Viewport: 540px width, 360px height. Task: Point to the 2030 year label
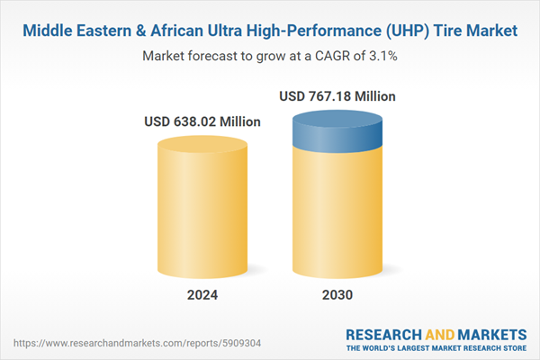337,294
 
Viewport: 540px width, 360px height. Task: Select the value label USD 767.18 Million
337,95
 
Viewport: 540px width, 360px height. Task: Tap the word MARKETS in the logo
487,331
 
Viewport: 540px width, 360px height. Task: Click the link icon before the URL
17,343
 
